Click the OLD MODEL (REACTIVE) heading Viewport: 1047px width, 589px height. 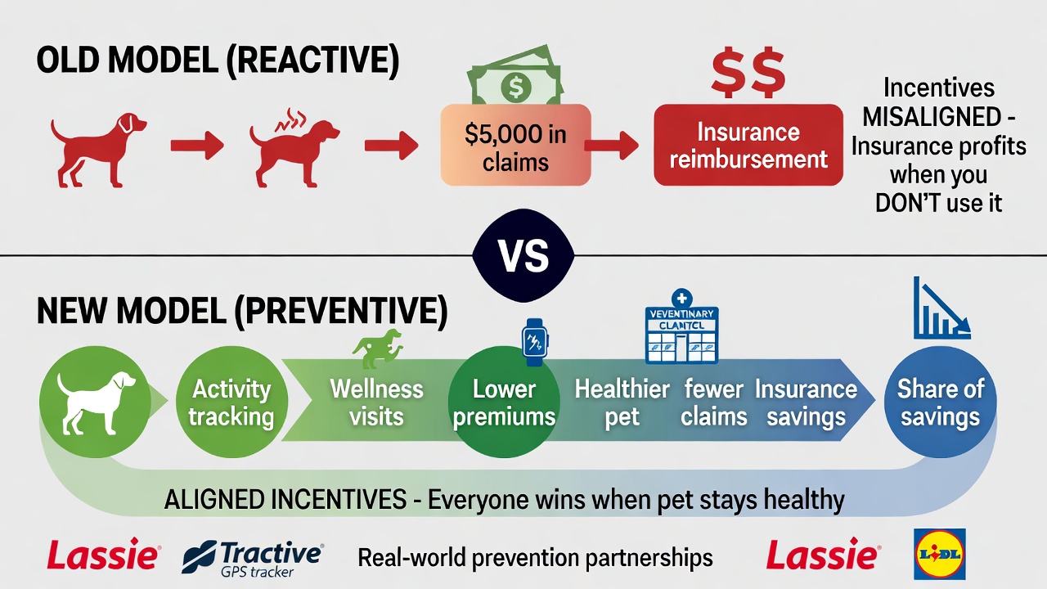point(218,62)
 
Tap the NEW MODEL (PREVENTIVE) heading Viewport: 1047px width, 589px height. point(242,313)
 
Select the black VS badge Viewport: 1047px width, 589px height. point(523,256)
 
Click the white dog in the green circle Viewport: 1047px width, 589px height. point(95,401)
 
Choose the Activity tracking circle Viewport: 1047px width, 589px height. point(231,402)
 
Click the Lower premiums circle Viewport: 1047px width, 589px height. point(504,402)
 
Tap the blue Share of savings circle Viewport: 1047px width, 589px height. point(940,402)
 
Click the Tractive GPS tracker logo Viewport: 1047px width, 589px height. point(253,557)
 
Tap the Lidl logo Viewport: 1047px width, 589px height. point(939,554)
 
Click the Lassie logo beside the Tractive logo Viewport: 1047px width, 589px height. point(103,557)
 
